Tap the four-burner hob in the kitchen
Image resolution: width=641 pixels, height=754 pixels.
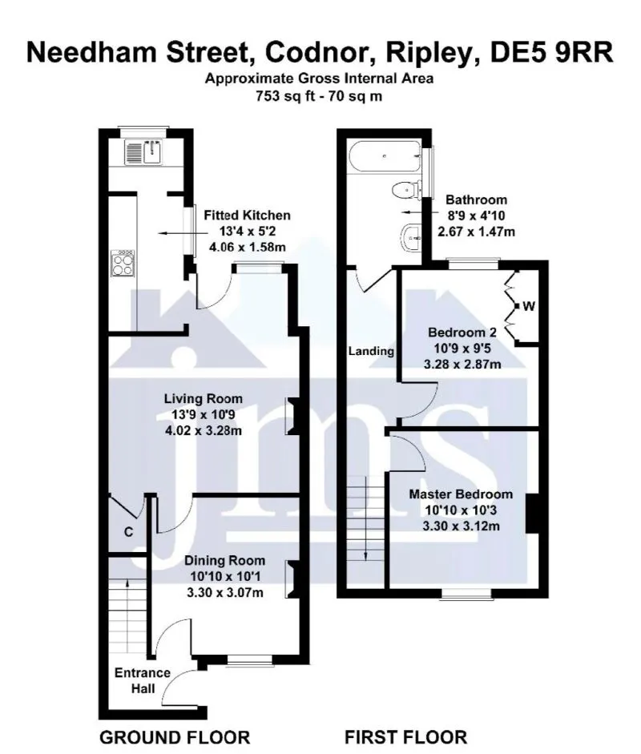(123, 263)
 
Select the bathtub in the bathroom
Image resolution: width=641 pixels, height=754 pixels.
(385, 155)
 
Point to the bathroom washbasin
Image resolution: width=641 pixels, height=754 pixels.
(411, 237)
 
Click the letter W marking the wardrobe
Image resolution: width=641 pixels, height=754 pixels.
(529, 306)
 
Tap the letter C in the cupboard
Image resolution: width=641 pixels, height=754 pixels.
(128, 532)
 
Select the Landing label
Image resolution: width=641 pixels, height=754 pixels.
(371, 351)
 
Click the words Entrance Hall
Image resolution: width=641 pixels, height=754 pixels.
(143, 680)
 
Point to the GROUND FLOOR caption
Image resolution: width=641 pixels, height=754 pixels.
(175, 737)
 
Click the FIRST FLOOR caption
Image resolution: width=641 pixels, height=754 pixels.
(406, 737)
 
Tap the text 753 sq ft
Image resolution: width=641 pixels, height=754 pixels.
(285, 96)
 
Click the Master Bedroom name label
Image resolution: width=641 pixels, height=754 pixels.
(461, 494)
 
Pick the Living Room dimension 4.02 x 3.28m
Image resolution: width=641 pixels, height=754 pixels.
(204, 430)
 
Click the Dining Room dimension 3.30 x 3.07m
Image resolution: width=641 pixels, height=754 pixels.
(225, 592)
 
